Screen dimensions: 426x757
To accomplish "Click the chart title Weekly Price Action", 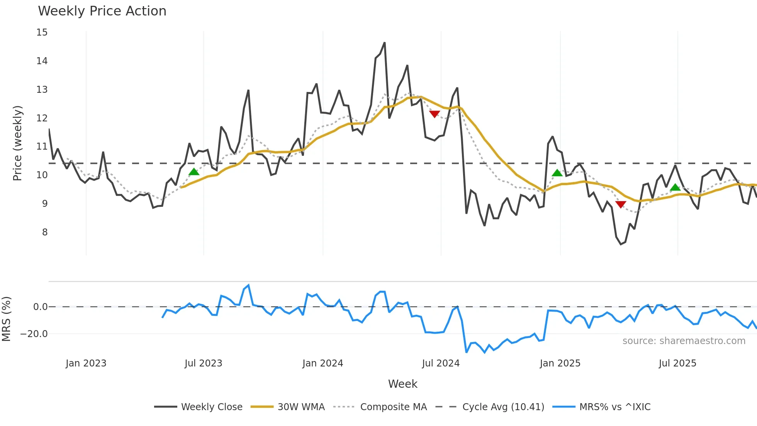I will tap(102, 11).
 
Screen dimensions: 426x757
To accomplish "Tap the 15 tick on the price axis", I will tap(42, 32).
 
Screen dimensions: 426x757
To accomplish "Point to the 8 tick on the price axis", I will tap(45, 232).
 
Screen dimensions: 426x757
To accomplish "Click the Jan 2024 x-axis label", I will tap(322, 363).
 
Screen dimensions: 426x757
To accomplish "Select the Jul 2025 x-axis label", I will tap(677, 363).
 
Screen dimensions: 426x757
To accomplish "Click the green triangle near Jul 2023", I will tap(194, 172).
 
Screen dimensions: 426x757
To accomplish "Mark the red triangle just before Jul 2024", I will tap(435, 114).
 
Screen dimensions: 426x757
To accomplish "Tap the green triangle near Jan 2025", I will tap(557, 173).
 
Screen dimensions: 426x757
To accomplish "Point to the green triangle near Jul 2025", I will tap(675, 187).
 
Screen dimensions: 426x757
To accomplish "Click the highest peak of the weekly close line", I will tap(385, 43).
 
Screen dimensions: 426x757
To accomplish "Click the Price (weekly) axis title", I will tap(17, 143).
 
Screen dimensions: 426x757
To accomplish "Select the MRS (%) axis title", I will tap(6, 319).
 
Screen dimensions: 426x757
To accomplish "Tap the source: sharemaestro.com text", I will tap(684, 341).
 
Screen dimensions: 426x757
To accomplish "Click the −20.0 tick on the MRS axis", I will tap(34, 334).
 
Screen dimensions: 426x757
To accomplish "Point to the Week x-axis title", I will tap(402, 384).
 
